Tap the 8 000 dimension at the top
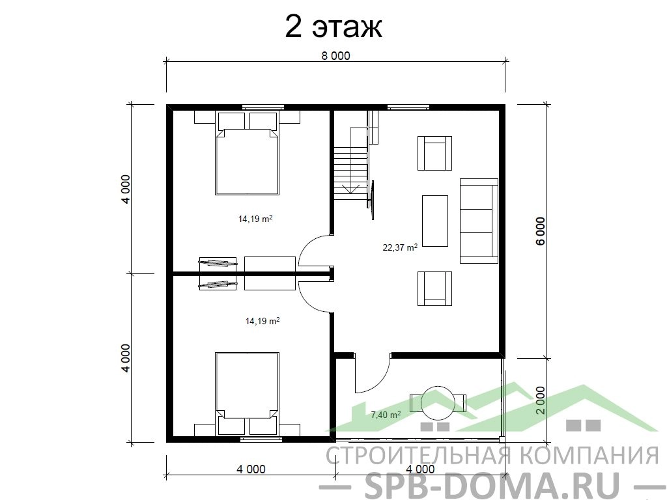[x=335, y=56]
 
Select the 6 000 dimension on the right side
[x=540, y=231]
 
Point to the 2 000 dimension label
[x=540, y=400]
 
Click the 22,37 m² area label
[x=400, y=247]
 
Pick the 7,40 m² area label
[x=386, y=415]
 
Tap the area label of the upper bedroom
[x=255, y=219]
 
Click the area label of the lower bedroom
[x=263, y=321]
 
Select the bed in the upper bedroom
[x=247, y=154]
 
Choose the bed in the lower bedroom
[x=247, y=393]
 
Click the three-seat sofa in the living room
[x=479, y=221]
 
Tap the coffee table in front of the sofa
[x=434, y=221]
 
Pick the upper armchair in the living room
[x=434, y=153]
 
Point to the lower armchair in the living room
[x=434, y=288]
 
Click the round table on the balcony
[x=437, y=402]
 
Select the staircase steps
[x=350, y=174]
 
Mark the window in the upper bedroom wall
[x=263, y=107]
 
